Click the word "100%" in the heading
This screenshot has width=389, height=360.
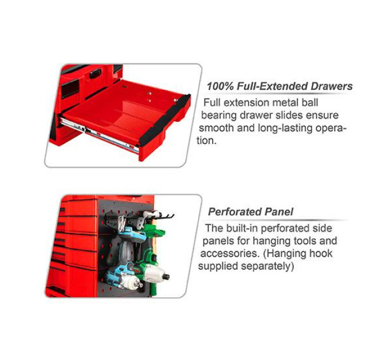click(x=220, y=86)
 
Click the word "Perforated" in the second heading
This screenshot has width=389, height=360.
click(x=235, y=212)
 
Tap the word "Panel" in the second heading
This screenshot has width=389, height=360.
click(x=279, y=212)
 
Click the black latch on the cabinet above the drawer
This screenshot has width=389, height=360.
click(x=96, y=74)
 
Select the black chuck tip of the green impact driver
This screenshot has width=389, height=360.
click(x=166, y=276)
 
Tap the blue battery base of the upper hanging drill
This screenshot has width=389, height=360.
click(x=132, y=234)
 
